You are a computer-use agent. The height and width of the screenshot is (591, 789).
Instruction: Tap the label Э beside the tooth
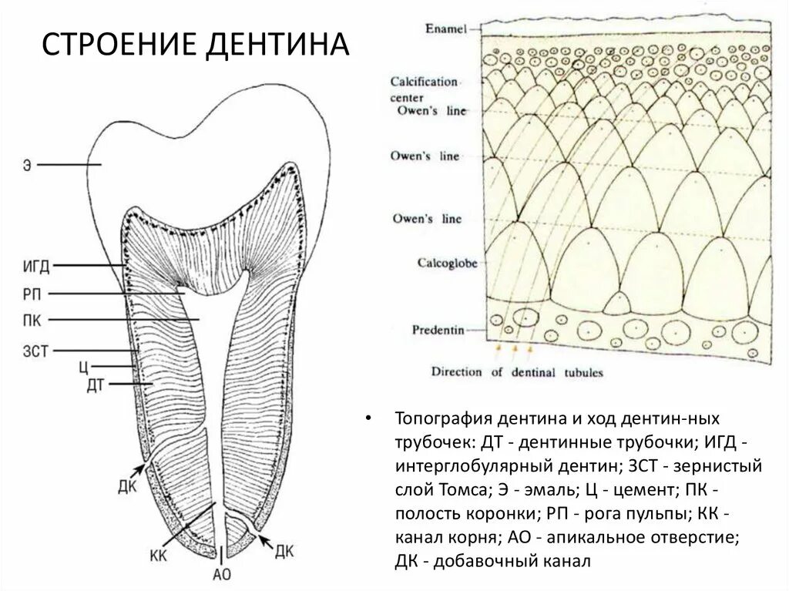(27, 165)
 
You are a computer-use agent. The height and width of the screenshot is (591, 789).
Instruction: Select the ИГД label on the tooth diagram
(35, 267)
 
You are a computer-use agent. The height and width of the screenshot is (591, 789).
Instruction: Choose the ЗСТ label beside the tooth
(35, 351)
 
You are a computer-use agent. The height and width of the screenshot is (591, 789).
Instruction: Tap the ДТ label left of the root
(96, 383)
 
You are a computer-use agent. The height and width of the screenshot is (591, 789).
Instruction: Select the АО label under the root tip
(221, 574)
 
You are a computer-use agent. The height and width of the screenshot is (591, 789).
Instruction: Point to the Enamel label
(446, 29)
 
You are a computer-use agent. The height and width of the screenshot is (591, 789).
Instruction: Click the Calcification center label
(422, 89)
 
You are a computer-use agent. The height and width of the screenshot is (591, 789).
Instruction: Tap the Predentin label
(437, 330)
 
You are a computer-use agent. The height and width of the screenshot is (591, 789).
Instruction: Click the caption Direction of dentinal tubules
(517, 372)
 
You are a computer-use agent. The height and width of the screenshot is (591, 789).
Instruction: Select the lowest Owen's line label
(428, 219)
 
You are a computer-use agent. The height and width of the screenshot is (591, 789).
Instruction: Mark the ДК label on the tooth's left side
(129, 488)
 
